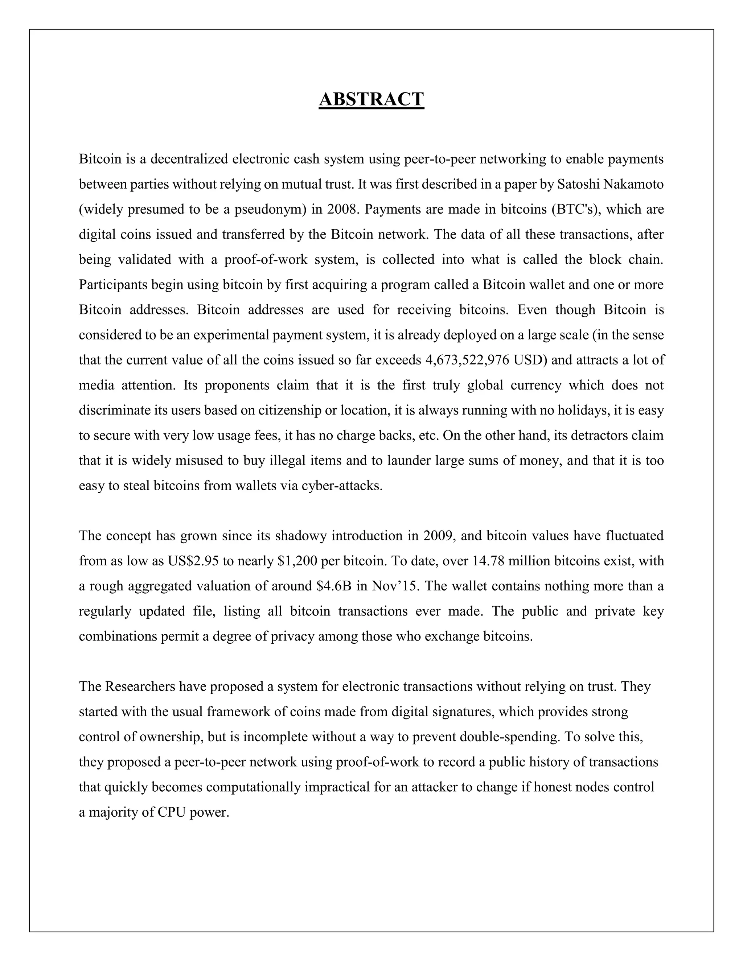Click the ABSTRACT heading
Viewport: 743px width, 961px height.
tap(371, 99)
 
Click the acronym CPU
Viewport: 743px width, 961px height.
tap(172, 812)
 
